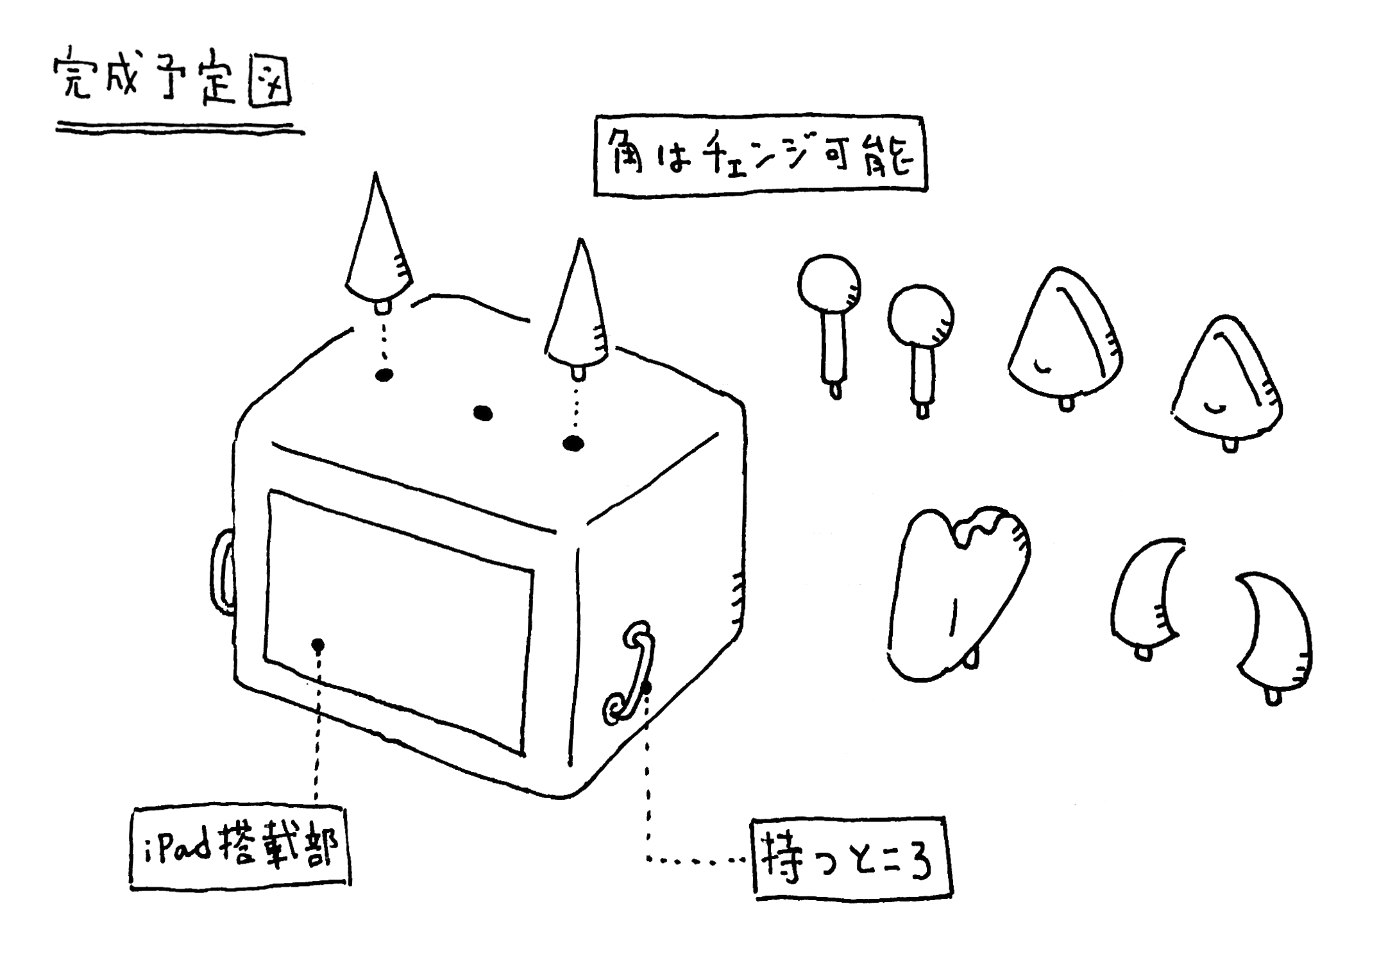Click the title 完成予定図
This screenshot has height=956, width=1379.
(x=172, y=81)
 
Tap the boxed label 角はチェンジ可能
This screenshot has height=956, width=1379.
(x=761, y=155)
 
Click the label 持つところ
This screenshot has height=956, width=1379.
(x=851, y=858)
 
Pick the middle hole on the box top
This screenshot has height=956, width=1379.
(x=483, y=413)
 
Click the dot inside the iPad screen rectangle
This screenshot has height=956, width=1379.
(x=317, y=645)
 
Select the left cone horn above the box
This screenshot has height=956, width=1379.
(x=378, y=250)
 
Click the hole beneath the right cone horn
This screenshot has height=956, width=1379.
(x=573, y=443)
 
